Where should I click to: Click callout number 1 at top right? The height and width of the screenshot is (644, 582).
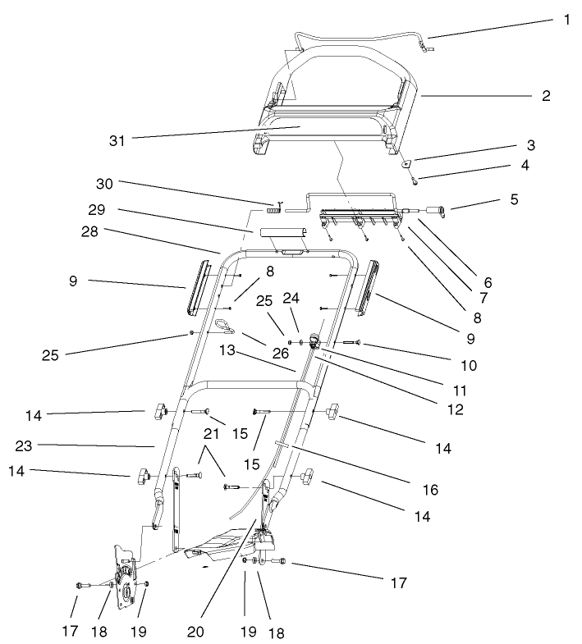[566, 20]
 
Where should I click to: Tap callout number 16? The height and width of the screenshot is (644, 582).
[430, 490]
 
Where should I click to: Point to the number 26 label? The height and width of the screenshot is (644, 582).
[281, 354]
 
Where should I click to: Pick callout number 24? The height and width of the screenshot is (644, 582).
[291, 298]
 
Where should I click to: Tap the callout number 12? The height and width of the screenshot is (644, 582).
[454, 409]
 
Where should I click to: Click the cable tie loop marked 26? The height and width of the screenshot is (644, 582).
[224, 330]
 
